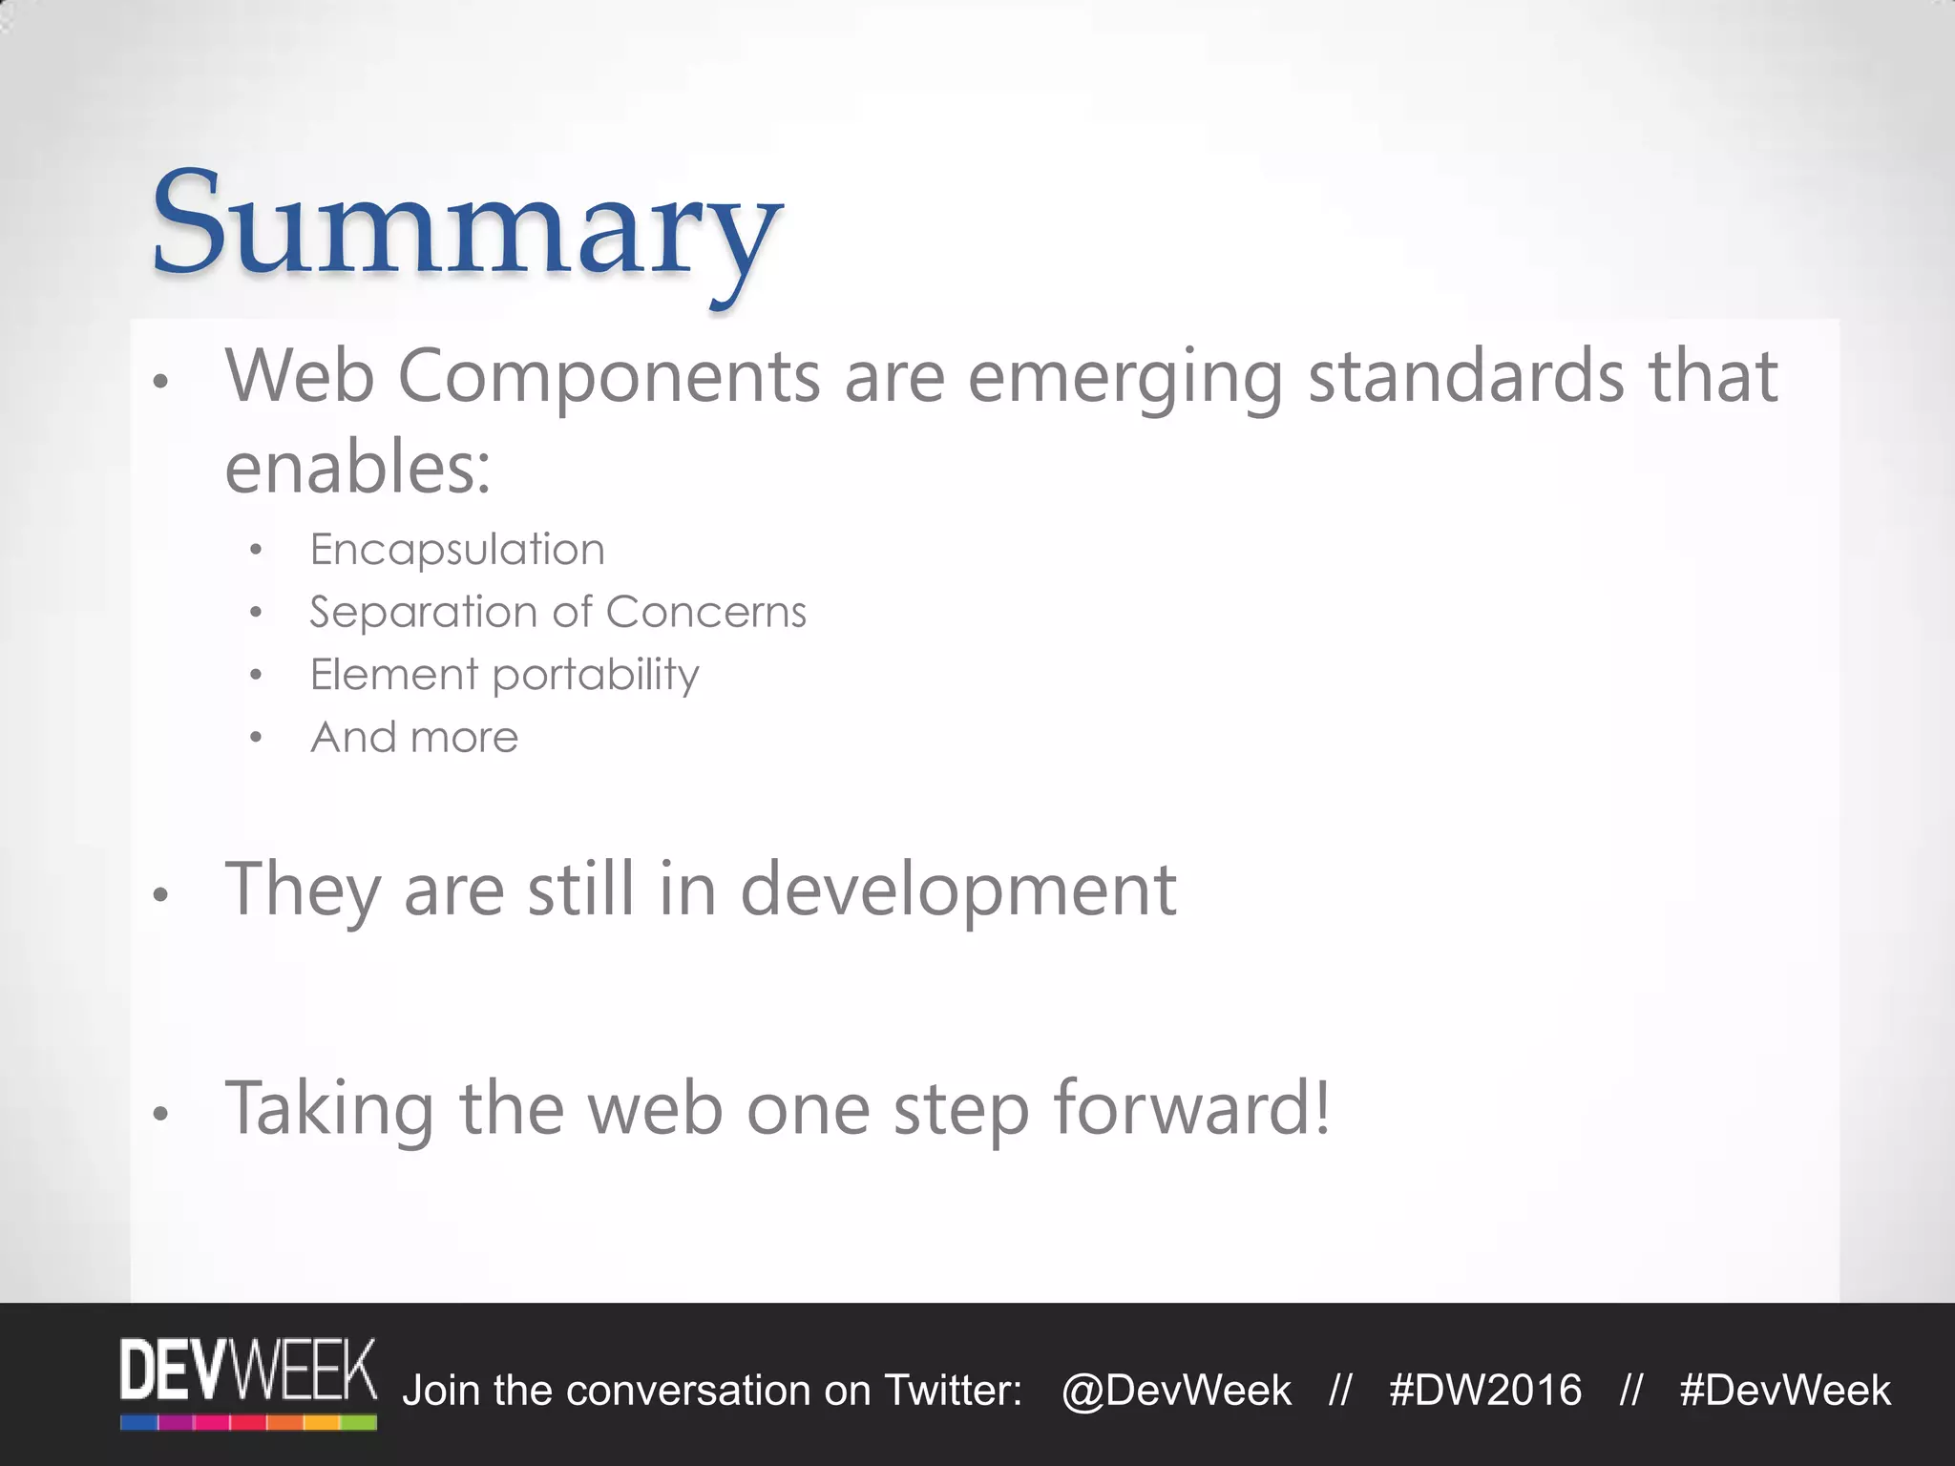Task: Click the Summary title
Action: click(466, 225)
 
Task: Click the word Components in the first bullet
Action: click(608, 377)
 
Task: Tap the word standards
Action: click(1465, 377)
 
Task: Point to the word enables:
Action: click(357, 469)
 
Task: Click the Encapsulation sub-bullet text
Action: click(457, 550)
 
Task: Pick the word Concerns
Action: click(705, 613)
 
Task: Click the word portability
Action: click(596, 676)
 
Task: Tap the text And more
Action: click(414, 737)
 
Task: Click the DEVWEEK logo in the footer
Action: click(248, 1383)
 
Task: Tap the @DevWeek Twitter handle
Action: click(1176, 1391)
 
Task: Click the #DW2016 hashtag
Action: click(1485, 1391)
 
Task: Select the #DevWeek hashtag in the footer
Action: click(1784, 1391)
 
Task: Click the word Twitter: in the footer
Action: click(953, 1391)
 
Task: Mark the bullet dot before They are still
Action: click(160, 895)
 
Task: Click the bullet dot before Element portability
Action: click(255, 676)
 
